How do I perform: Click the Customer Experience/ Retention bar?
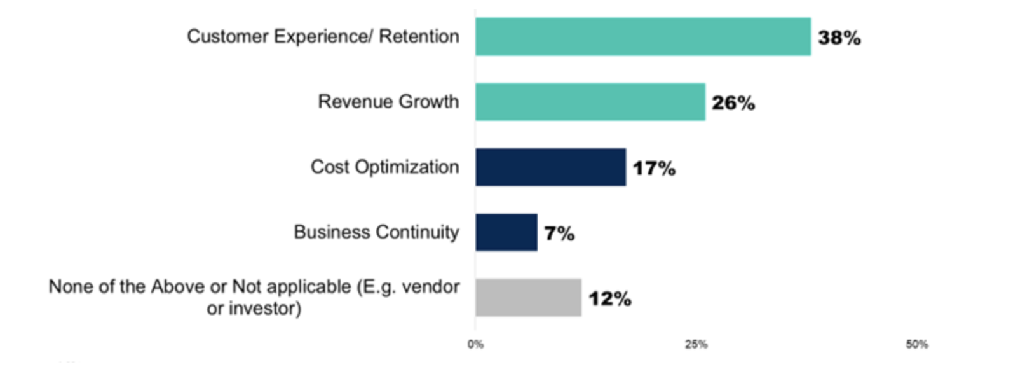(x=642, y=37)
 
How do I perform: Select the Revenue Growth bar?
(x=590, y=102)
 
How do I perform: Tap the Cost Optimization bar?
(x=550, y=167)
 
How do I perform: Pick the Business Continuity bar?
(x=506, y=232)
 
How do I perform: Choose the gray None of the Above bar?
(x=528, y=298)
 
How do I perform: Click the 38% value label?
(x=839, y=38)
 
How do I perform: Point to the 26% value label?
(x=733, y=103)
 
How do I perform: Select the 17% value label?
(x=653, y=169)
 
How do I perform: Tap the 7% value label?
(x=559, y=233)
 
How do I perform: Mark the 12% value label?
(x=609, y=299)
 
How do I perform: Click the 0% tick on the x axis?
(x=475, y=345)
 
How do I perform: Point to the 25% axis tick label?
(x=696, y=345)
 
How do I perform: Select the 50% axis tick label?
(x=916, y=345)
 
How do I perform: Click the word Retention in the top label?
(x=419, y=37)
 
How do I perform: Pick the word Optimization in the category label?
(x=407, y=167)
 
